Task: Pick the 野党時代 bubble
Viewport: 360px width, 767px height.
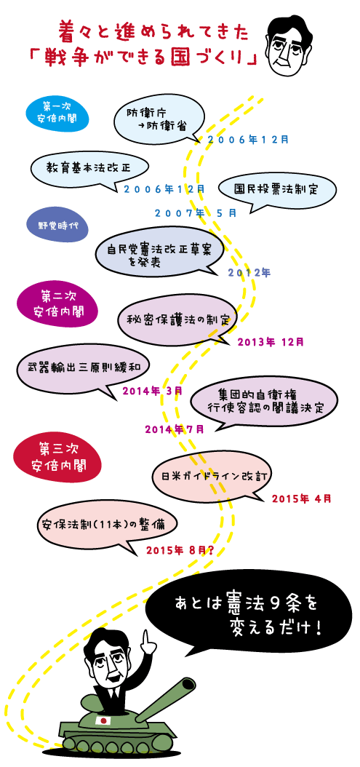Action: click(x=57, y=226)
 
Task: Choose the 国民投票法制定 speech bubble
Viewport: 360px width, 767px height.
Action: click(x=276, y=191)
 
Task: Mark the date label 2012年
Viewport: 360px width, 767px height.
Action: click(x=249, y=272)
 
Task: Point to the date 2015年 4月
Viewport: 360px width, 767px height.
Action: click(x=302, y=499)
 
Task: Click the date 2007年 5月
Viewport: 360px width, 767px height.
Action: click(x=196, y=212)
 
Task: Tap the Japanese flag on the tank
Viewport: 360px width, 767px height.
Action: click(x=103, y=720)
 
